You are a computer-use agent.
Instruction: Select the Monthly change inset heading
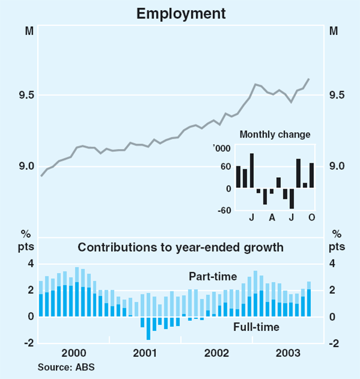[x=275, y=135]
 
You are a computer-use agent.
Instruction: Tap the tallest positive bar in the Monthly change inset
[x=252, y=171]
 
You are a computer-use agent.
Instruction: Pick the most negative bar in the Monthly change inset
[x=292, y=198]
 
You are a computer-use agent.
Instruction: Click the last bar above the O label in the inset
[x=311, y=175]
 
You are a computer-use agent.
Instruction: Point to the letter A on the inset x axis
[x=272, y=216]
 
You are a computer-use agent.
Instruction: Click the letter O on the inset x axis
[x=311, y=216]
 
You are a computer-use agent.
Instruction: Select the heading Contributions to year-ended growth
[x=180, y=247]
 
